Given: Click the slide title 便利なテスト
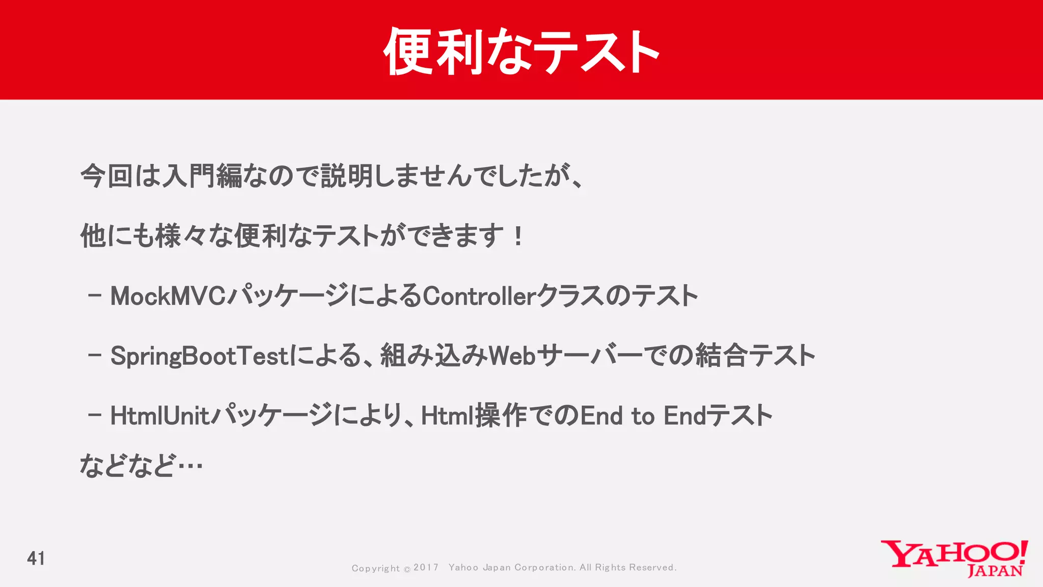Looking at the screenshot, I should click(521, 51).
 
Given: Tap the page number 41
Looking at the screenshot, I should click(36, 558).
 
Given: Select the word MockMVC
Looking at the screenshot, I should click(168, 296).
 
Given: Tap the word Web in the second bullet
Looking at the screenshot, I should click(512, 356).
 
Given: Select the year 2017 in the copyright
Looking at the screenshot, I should click(426, 568).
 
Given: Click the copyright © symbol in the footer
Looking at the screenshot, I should click(407, 569).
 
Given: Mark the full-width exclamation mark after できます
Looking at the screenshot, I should click(518, 236).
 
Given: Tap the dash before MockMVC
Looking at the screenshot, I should click(95, 296).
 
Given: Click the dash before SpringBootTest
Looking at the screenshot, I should click(95, 356).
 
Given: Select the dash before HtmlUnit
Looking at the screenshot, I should click(95, 415).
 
